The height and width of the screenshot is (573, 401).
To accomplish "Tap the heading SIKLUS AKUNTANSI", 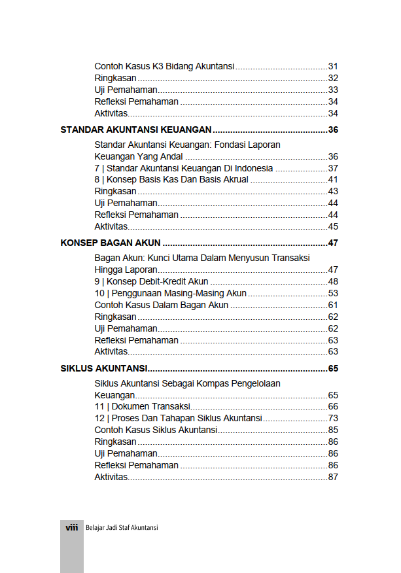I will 103,368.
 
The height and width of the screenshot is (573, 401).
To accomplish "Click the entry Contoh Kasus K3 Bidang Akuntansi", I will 165,67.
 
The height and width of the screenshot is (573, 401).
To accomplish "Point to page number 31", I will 332,67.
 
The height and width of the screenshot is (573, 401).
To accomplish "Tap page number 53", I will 332,294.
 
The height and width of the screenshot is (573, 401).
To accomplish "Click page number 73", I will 332,419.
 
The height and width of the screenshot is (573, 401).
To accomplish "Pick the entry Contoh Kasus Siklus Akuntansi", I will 156,430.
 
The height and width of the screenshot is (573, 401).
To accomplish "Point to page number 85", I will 332,430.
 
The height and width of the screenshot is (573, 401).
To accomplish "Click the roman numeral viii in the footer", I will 72,527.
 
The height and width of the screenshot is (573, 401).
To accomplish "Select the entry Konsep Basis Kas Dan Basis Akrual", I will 171,180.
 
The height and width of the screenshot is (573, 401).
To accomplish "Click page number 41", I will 332,180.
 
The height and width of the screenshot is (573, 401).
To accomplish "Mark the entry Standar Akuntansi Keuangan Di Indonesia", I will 184,168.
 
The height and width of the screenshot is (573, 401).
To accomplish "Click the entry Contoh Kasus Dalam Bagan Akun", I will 162,305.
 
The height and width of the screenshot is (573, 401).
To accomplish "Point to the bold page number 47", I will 332,243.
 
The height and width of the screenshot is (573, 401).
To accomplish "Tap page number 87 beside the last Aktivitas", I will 332,477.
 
